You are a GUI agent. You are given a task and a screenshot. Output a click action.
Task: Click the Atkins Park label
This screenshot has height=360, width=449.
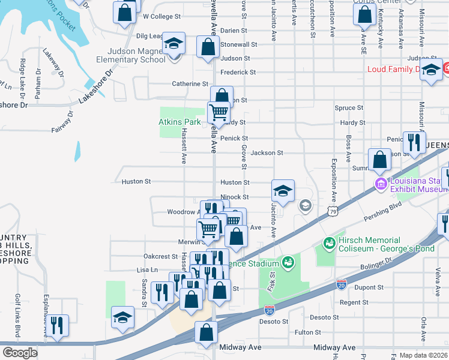[179, 122]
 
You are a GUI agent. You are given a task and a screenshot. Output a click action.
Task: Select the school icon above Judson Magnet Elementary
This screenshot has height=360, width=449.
[174, 44]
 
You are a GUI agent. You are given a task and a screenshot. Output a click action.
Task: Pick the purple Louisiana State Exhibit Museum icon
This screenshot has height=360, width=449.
[380, 182]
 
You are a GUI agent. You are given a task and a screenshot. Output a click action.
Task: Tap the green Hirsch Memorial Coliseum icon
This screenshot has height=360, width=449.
[329, 243]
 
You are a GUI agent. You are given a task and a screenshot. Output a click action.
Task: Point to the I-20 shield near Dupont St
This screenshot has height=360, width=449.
[342, 284]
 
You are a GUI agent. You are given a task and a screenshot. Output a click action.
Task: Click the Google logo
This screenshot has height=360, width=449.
[20, 352]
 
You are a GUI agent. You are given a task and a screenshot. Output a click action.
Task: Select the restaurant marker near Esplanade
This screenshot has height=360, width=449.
[58, 326]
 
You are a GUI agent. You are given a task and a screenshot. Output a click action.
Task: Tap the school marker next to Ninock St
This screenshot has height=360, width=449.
[283, 191]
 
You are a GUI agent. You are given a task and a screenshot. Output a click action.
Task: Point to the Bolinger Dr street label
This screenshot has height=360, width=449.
[377, 265]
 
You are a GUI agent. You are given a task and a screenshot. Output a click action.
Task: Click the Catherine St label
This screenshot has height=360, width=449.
[190, 84]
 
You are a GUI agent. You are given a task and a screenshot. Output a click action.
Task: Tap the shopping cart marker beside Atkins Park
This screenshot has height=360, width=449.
[218, 112]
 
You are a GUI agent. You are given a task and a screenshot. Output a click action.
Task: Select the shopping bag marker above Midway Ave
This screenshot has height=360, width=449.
[206, 332]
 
